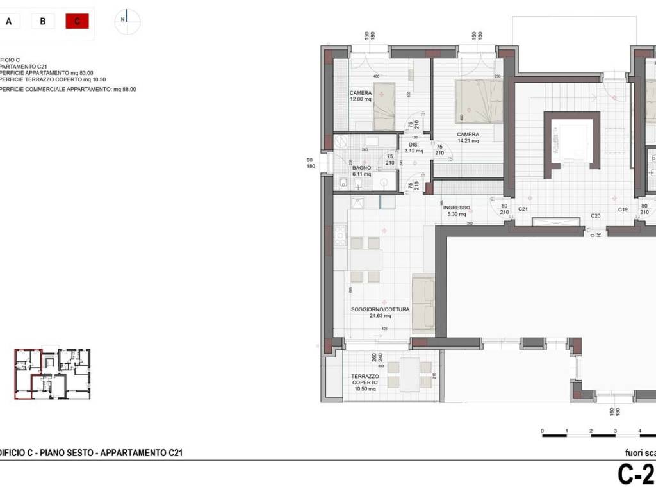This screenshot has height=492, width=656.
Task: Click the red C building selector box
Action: (77, 21)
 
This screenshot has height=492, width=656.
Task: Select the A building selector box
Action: (9, 21)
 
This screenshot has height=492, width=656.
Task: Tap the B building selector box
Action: (42, 21)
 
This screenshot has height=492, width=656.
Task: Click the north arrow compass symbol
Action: (127, 20)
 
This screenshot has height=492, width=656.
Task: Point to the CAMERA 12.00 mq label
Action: (361, 96)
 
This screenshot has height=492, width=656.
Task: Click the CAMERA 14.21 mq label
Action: (468, 138)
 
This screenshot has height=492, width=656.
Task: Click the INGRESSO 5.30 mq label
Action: (457, 211)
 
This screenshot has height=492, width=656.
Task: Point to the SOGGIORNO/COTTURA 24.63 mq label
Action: (380, 313)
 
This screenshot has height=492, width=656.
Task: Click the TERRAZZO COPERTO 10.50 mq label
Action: (364, 382)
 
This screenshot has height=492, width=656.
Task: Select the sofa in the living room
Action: (423, 304)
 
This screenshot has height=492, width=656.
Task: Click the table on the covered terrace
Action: (410, 374)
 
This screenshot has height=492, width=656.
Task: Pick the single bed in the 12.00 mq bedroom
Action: (384, 107)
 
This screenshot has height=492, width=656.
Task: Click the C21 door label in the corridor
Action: (523, 209)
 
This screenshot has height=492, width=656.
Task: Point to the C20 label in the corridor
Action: (595, 216)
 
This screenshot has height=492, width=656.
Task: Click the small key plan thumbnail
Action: (53, 374)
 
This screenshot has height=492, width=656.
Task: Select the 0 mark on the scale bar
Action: (543, 431)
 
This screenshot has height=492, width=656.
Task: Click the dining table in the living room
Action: (366, 259)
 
